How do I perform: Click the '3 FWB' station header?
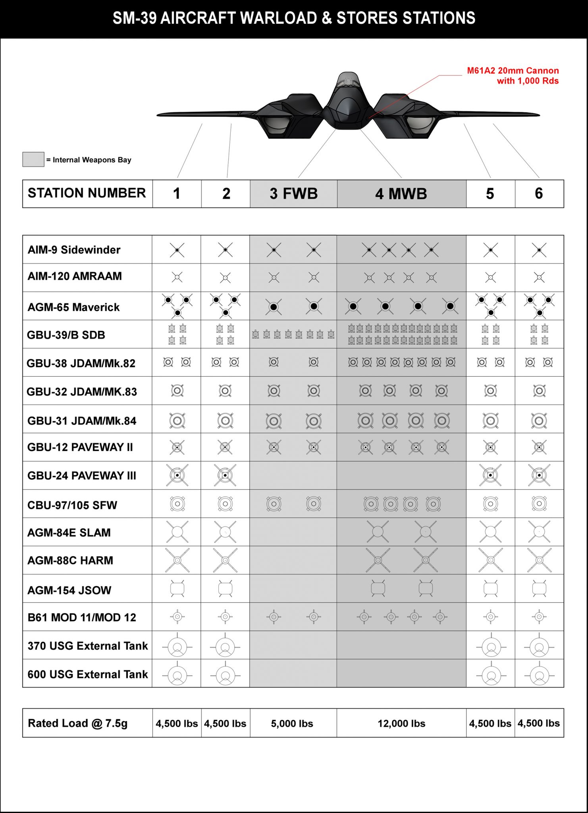(x=293, y=194)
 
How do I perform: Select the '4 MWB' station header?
(x=401, y=194)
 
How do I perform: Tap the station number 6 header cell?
(x=539, y=194)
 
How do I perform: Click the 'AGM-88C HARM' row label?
(x=70, y=561)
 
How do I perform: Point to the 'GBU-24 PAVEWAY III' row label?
(x=81, y=476)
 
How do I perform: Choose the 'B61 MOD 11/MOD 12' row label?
(x=81, y=617)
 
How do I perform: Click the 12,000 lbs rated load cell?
(x=401, y=723)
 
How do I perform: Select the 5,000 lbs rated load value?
(x=292, y=723)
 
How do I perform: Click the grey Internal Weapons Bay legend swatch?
(x=33, y=159)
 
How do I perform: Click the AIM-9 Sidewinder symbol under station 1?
(x=177, y=250)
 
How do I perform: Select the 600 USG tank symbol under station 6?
(x=539, y=675)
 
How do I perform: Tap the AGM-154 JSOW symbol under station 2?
(x=225, y=589)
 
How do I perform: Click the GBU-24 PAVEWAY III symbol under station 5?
(x=490, y=475)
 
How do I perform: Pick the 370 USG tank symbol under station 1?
(x=177, y=647)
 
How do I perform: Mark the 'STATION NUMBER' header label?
(x=87, y=193)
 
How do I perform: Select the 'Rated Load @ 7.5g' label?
(x=77, y=723)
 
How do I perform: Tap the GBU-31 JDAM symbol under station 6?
(x=539, y=420)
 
